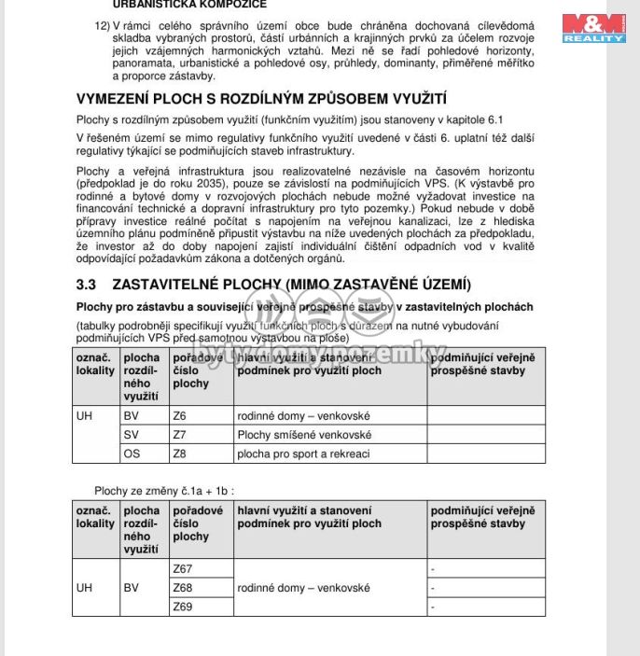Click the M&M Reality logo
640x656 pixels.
(x=593, y=27)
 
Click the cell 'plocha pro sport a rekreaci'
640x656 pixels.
(x=304, y=454)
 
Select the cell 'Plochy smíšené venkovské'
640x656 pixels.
(x=304, y=435)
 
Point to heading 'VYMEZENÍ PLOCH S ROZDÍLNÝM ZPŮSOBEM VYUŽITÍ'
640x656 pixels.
(x=261, y=98)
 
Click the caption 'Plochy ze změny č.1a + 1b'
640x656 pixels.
(x=163, y=490)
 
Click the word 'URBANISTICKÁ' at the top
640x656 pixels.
(x=155, y=4)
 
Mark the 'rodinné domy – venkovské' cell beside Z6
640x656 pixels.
(x=303, y=415)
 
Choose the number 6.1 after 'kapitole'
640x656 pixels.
(x=518, y=119)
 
